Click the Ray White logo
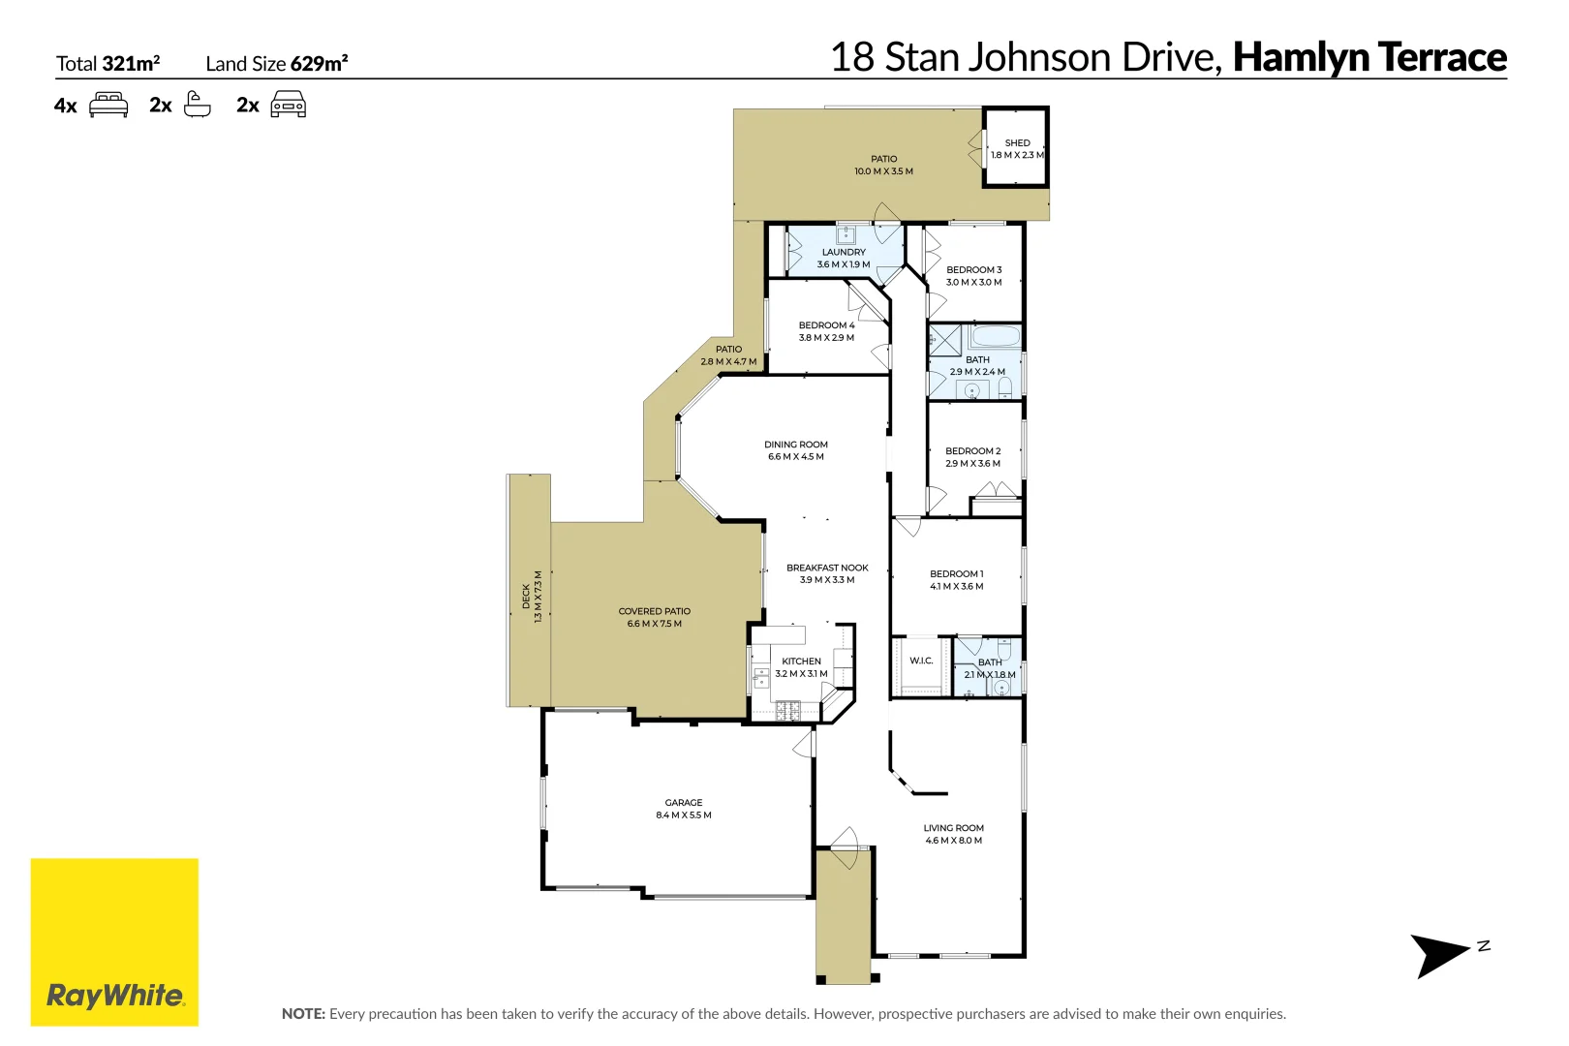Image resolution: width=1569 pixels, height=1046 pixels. click(114, 941)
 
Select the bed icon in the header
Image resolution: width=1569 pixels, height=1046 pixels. click(108, 105)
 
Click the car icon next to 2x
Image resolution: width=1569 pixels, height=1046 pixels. click(288, 105)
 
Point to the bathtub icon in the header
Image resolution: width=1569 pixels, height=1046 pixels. click(197, 105)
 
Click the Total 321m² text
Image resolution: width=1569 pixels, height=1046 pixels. click(108, 64)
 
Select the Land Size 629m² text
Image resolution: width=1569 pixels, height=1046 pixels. click(276, 64)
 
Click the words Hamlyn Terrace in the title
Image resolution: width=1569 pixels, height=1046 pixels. click(1369, 57)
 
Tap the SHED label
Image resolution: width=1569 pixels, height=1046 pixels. click(1017, 142)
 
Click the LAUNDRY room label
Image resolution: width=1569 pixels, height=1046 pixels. click(844, 252)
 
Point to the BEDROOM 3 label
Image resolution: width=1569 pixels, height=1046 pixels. click(973, 270)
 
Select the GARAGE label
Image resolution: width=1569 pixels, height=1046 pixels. click(684, 803)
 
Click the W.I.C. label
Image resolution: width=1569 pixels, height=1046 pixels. click(921, 661)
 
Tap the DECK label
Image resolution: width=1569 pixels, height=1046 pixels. click(526, 596)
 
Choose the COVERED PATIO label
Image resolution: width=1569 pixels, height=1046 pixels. click(655, 611)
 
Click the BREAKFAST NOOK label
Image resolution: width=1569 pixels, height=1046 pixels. click(827, 568)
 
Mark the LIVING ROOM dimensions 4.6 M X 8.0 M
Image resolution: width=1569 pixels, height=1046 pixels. click(953, 841)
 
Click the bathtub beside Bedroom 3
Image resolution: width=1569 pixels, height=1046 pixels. click(995, 337)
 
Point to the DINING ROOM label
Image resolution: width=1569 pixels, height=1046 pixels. click(796, 445)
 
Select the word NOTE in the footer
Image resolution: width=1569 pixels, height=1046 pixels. click(302, 1014)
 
